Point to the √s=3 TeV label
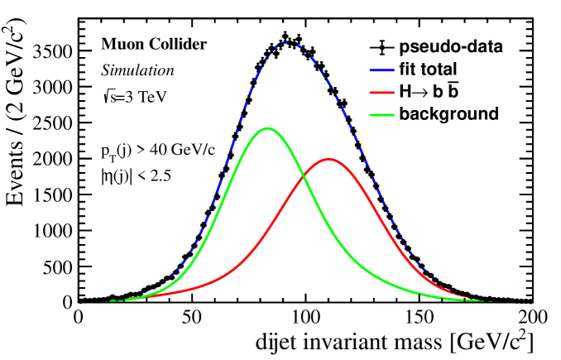pyautogui.click(x=134, y=96)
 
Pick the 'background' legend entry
pyautogui.click(x=448, y=113)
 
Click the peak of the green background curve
pyautogui.click(x=267, y=128)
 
